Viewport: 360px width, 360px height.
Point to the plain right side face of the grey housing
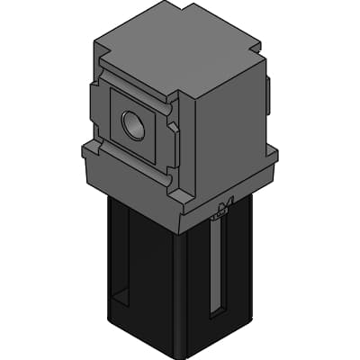225,135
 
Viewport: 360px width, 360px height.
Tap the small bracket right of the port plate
174,144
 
